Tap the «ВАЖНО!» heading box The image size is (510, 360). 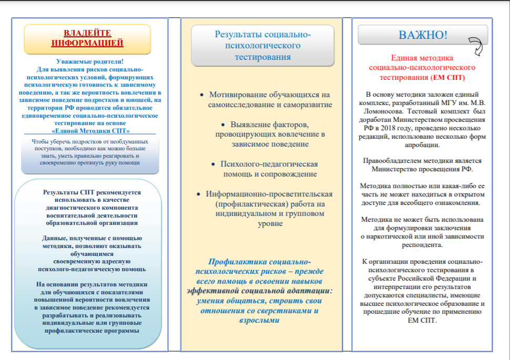pyautogui.click(x=423, y=35)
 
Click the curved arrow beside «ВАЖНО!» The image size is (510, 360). pyautogui.click(x=476, y=46)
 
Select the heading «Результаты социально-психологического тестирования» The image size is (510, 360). pyautogui.click(x=262, y=46)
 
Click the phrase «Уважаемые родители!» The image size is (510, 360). pyautogui.click(x=89, y=62)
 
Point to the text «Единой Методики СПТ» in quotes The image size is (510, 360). pyautogui.click(x=91, y=130)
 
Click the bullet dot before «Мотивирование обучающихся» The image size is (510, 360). pyautogui.click(x=202, y=95)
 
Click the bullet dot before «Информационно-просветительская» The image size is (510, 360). pyautogui.click(x=198, y=194)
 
